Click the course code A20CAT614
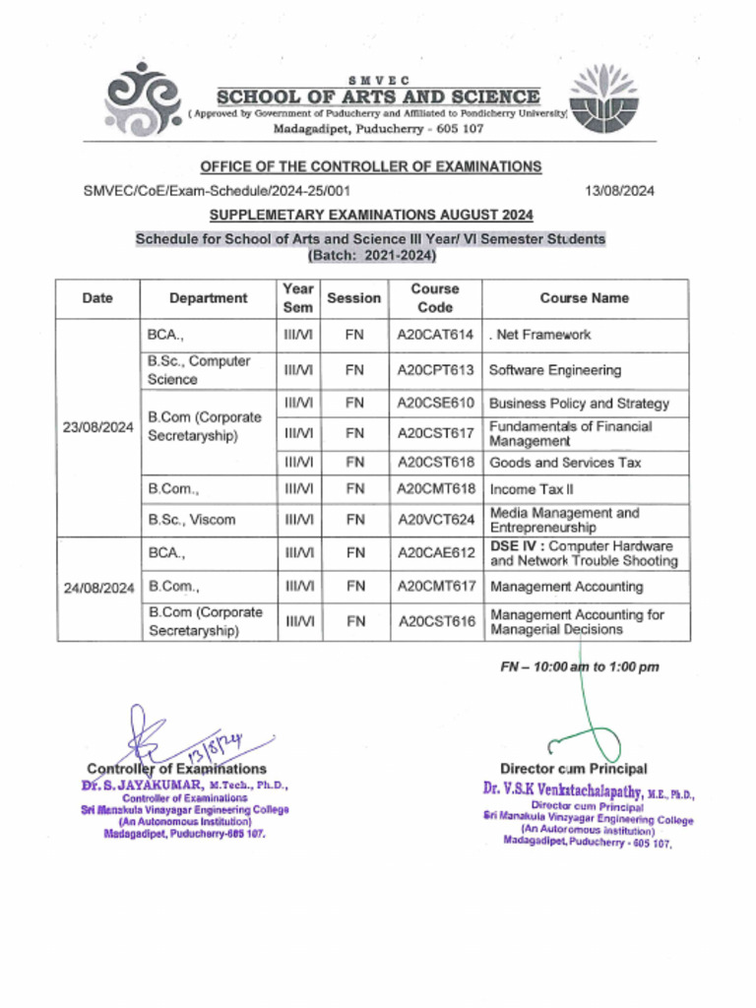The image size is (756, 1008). pos(435,335)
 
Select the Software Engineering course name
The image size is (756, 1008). pos(554,370)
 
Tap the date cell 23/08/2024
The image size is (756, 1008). pos(97,428)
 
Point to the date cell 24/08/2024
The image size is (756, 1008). pos(97,588)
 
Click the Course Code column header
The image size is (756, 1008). pos(435,298)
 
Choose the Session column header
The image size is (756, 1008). pos(353,298)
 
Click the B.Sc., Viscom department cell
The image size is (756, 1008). pos(192,520)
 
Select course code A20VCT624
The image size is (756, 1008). pos(435,520)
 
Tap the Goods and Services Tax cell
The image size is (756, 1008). pos(564,462)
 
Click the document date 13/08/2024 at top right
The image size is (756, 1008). pos(619,191)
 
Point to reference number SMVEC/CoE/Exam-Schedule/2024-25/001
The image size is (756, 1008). pos(217,191)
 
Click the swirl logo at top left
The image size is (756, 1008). pos(144,100)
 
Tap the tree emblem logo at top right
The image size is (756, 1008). pos(604,99)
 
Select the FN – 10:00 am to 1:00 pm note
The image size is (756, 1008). pos(579,666)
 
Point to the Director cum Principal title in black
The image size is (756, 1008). pos(573,768)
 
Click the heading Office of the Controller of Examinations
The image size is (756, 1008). pos(371,166)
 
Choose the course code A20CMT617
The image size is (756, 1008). pos(435,587)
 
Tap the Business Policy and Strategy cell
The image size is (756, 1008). pos(579,404)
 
